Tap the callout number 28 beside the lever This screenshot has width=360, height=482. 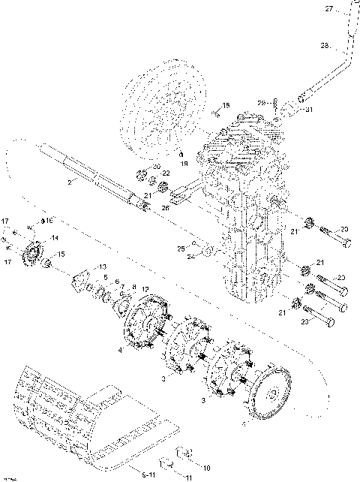click(325, 46)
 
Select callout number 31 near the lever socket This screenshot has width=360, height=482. click(307, 110)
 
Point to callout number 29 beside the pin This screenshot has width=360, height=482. click(261, 103)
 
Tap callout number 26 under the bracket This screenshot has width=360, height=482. click(165, 208)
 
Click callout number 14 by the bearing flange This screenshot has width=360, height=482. click(53, 238)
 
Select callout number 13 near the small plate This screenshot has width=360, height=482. click(103, 267)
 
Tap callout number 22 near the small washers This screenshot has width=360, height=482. click(165, 174)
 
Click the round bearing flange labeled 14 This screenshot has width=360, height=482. click(33, 255)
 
